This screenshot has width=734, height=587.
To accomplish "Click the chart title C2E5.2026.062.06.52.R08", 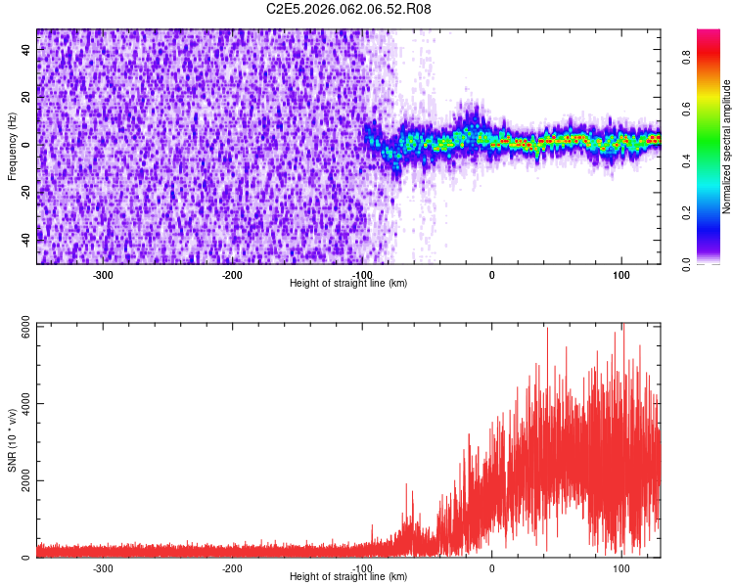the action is [348, 9].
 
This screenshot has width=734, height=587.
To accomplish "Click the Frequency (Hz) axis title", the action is [12, 146].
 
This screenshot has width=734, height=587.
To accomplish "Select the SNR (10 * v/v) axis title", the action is [12, 440].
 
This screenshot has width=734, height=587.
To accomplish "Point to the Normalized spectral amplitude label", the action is [726, 146].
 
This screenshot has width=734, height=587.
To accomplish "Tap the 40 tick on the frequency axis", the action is [26, 49].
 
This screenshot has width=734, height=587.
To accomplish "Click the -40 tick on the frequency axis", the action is [26, 240].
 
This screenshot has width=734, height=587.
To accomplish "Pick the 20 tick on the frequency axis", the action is [26, 97].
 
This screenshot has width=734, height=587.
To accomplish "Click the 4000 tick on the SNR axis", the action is [26, 403].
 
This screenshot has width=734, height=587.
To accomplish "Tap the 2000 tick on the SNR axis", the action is [26, 480].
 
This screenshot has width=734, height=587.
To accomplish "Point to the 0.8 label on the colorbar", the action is [687, 57].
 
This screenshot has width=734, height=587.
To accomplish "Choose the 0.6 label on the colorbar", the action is [687, 109].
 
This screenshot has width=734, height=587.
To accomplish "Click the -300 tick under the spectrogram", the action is [103, 275].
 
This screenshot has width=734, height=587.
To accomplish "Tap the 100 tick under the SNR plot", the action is [621, 568].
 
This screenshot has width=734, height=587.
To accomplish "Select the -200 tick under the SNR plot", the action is [232, 568].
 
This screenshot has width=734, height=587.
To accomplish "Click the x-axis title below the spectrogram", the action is [348, 283].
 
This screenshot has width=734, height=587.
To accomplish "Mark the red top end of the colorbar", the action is [709, 31].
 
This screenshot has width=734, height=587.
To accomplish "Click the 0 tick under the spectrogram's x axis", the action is [492, 275].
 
